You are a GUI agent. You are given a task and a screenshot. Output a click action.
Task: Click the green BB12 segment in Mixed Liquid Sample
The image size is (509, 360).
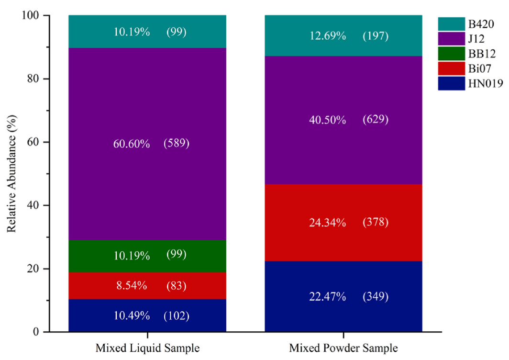click(x=147, y=256)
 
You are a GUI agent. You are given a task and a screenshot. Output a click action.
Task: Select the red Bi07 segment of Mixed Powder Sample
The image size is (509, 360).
click(x=343, y=223)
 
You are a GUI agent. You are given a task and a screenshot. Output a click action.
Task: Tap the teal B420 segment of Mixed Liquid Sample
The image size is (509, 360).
click(x=147, y=32)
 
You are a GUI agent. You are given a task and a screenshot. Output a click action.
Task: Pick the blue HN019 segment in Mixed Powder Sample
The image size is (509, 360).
click(x=343, y=296)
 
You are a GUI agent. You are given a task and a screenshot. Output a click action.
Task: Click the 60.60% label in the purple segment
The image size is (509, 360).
click(x=132, y=144)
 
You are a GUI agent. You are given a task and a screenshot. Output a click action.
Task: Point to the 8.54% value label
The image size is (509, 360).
click(x=132, y=286)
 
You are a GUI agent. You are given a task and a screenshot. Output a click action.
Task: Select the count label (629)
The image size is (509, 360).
click(x=376, y=120)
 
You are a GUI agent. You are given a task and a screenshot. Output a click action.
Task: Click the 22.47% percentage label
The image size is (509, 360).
click(x=327, y=297)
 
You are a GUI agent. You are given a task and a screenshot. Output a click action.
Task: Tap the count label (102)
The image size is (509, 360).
click(x=176, y=316)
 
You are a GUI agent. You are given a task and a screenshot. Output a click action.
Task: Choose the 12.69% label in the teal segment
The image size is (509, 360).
click(x=327, y=36)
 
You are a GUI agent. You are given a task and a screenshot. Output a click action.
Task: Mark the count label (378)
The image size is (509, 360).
click(x=376, y=222)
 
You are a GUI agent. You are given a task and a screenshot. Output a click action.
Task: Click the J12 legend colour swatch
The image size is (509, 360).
click(x=451, y=39)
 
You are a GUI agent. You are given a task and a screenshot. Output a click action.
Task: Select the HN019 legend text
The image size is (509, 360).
click(x=485, y=83)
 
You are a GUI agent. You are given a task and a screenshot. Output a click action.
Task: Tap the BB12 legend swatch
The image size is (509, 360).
click(x=451, y=54)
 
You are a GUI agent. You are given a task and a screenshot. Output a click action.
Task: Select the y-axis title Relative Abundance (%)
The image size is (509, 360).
click(x=11, y=173)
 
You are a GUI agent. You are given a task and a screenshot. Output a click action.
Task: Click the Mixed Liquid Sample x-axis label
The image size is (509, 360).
click(x=147, y=349)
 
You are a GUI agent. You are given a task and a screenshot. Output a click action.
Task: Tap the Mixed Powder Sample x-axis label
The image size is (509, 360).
click(x=343, y=349)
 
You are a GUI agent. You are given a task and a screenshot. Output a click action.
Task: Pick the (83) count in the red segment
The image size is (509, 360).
click(x=176, y=286)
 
